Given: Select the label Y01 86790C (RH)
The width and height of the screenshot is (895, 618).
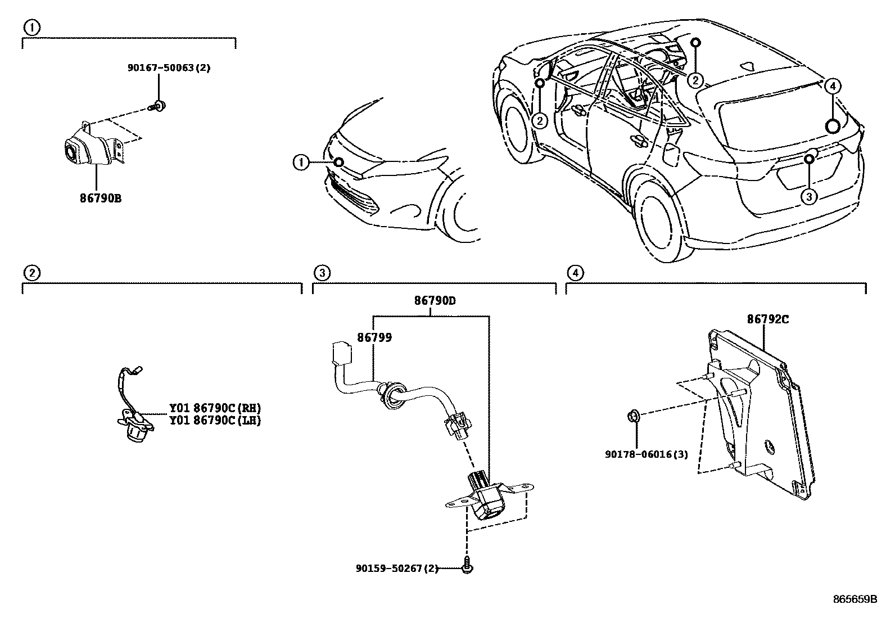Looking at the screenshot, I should click(x=215, y=408).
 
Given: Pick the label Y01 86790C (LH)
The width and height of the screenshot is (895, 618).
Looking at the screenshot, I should click(x=215, y=420).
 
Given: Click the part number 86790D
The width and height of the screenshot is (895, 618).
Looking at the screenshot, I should click(x=435, y=301).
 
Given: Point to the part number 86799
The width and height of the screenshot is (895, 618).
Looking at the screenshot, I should click(x=374, y=337).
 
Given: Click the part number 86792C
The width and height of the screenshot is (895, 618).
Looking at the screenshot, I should click(x=767, y=319).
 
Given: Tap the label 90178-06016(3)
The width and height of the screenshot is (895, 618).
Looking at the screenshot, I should click(x=647, y=454).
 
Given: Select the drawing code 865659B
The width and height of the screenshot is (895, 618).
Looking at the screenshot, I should click(x=855, y=599).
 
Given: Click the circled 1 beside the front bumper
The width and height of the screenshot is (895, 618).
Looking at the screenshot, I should click(x=301, y=163).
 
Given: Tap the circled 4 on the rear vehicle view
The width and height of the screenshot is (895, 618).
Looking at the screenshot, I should click(x=833, y=86).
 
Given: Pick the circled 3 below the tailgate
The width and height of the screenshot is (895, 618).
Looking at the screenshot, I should click(x=808, y=197).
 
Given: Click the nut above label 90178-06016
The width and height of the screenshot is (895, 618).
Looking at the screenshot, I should click(x=632, y=417).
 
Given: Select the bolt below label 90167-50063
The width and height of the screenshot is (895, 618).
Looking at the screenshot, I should click(x=157, y=105).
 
